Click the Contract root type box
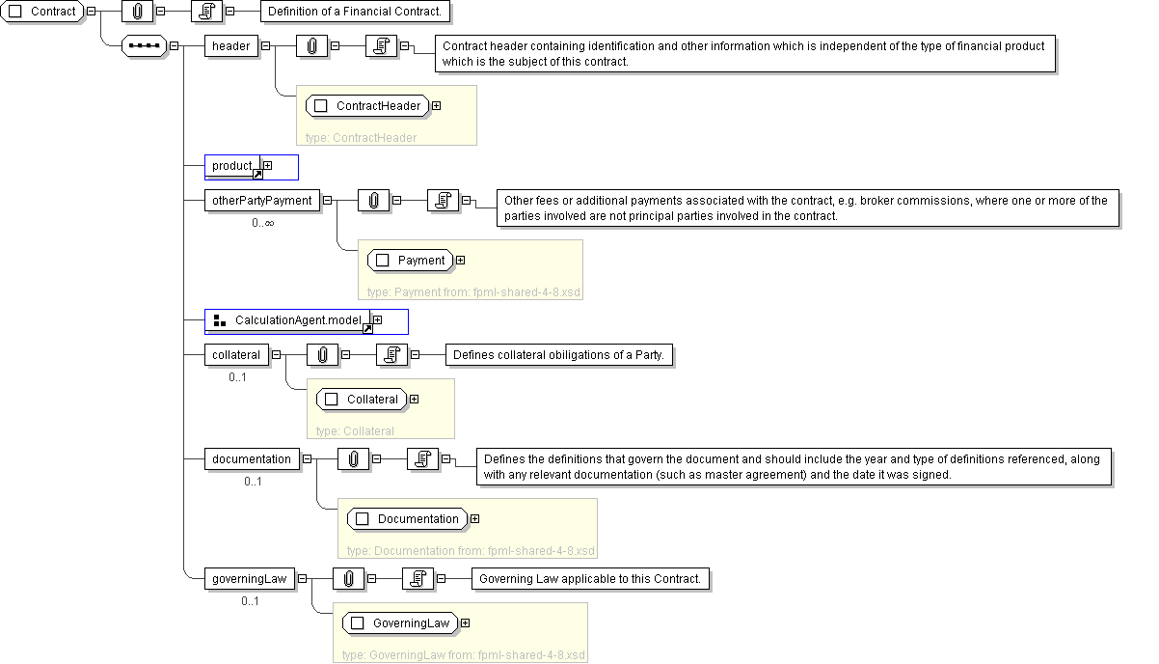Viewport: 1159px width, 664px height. click(x=42, y=12)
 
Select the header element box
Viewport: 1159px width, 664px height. click(x=231, y=45)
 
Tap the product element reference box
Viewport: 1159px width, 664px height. click(x=232, y=166)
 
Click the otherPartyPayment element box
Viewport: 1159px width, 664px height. click(x=262, y=201)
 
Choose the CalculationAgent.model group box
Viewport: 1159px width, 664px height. click(x=287, y=320)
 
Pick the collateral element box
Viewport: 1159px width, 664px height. click(x=236, y=354)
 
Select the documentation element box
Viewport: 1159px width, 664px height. click(x=252, y=459)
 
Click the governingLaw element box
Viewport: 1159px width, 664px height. click(x=250, y=579)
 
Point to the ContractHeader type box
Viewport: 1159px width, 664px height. click(x=367, y=105)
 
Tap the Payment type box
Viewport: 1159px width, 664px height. click(x=411, y=260)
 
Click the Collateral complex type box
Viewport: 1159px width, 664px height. click(x=362, y=399)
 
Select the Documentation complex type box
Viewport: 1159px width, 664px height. click(x=408, y=519)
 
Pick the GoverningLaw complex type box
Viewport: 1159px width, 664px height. click(x=401, y=622)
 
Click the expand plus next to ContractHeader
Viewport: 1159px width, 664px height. click(x=437, y=105)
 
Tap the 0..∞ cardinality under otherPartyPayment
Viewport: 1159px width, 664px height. click(x=262, y=223)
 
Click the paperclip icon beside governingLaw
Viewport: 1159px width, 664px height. click(x=348, y=579)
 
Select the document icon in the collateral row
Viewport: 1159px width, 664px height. click(x=391, y=354)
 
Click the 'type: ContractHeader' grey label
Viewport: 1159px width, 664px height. click(x=361, y=138)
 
